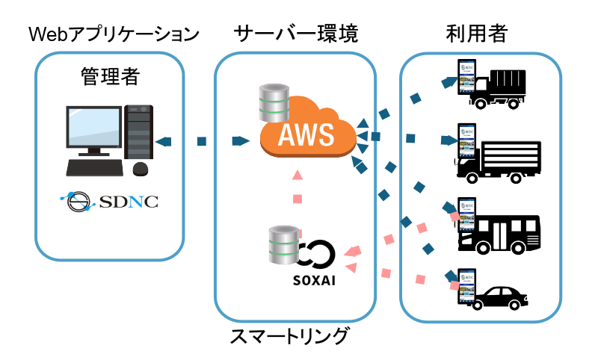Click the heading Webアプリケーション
point(113,34)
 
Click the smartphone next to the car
point(467,286)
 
